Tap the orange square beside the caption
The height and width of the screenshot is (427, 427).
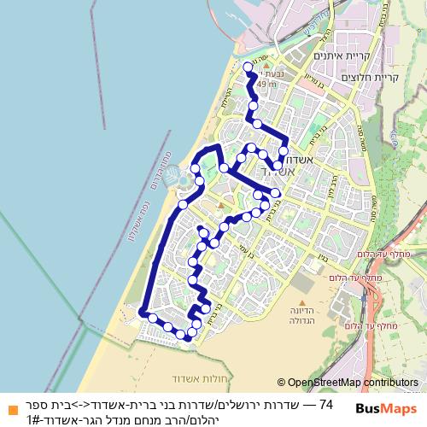[10, 407]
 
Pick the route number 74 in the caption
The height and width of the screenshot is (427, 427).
[325, 402]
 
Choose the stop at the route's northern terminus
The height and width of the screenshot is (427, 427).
[248, 66]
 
